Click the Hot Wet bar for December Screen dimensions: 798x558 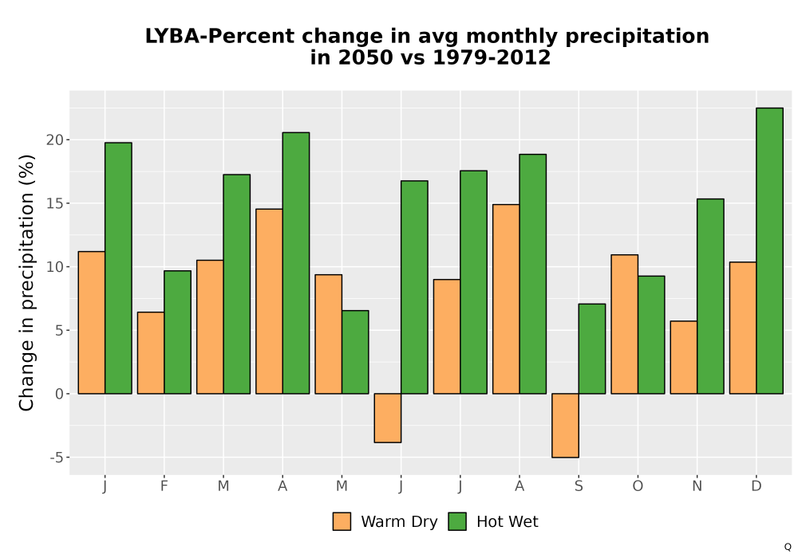(x=769, y=250)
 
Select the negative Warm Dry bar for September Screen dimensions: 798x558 (x=566, y=426)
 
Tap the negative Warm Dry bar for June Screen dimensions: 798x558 (x=388, y=418)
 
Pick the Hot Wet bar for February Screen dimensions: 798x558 (x=178, y=332)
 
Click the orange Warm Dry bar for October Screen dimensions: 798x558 (x=625, y=324)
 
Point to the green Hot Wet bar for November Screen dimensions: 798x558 (x=710, y=297)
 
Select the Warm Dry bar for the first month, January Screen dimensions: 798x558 (x=92, y=323)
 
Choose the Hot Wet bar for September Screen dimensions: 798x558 (x=592, y=348)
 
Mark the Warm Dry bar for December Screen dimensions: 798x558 (x=743, y=328)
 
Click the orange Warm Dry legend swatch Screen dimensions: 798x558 (x=342, y=521)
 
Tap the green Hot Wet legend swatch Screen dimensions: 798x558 (x=457, y=521)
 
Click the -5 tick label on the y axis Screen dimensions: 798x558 (x=57, y=458)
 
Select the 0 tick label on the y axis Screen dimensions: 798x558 (x=60, y=394)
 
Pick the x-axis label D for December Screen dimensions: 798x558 (x=757, y=486)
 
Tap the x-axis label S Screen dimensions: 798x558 (x=579, y=486)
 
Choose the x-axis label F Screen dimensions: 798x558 (x=164, y=486)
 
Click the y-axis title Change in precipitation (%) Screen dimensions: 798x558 (x=26, y=282)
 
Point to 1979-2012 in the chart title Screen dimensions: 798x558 (x=492, y=57)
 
